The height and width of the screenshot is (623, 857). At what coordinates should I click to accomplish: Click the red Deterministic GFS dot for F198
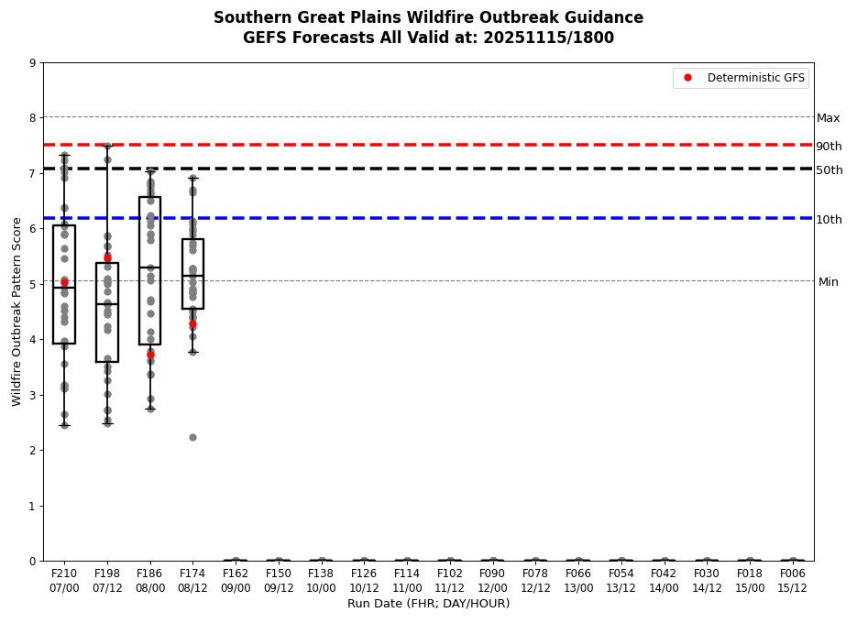click(x=107, y=258)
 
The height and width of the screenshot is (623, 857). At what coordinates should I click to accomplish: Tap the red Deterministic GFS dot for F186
click(x=150, y=355)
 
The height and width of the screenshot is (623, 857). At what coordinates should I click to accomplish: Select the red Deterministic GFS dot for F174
click(x=192, y=324)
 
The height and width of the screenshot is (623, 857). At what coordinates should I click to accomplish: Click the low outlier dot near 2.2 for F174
click(x=192, y=437)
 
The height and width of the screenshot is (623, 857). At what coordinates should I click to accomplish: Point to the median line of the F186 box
click(x=150, y=268)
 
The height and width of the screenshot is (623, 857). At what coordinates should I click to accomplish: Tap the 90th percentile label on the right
click(x=829, y=147)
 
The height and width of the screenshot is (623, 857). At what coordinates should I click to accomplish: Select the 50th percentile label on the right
click(x=829, y=170)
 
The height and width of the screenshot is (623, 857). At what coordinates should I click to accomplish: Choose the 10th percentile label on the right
click(x=829, y=220)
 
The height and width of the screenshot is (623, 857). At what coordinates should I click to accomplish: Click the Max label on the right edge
click(x=828, y=118)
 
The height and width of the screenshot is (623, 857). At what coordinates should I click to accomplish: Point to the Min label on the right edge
click(x=828, y=282)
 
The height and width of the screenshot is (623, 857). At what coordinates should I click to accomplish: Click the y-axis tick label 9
click(x=33, y=63)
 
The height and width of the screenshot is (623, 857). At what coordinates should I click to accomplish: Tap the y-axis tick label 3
click(x=33, y=395)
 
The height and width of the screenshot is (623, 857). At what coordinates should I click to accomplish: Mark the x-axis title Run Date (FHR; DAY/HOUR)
click(x=428, y=604)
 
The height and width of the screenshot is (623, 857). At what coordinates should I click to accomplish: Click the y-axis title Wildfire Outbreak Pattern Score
click(x=17, y=311)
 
